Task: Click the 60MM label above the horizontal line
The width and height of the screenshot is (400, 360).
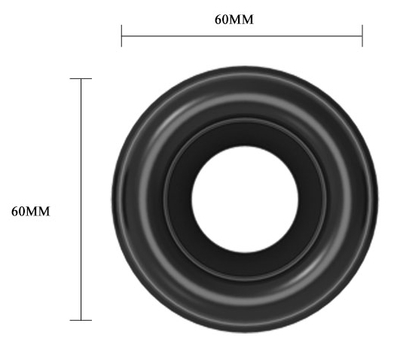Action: pos(234,20)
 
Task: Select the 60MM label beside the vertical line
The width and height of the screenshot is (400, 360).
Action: pos(31,212)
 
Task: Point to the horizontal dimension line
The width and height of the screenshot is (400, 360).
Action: pos(242,36)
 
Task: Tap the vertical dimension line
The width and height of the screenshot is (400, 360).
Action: pos(81,200)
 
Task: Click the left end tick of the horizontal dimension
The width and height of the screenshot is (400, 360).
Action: pos(121,36)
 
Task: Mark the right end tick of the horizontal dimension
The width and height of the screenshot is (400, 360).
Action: pos(362,36)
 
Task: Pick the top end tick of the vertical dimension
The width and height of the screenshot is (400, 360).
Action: pos(81,78)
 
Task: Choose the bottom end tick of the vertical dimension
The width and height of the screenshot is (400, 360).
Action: pos(81,320)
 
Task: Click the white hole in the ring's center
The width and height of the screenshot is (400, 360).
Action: pos(245,200)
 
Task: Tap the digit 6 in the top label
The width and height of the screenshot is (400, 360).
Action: pos(218,20)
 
